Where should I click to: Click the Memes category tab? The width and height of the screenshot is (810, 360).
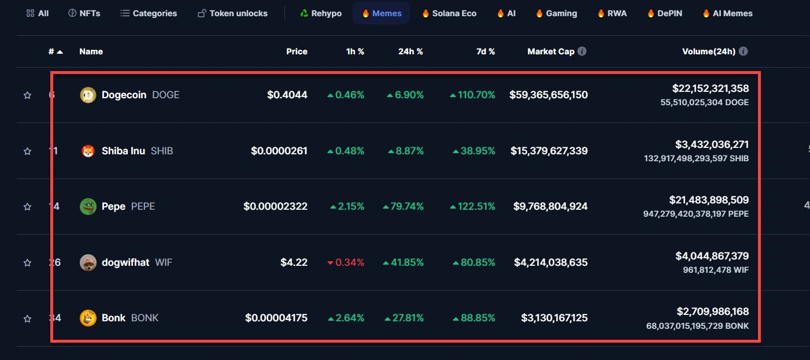pyautogui.click(x=382, y=13)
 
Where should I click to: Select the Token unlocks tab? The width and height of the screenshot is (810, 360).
pyautogui.click(x=232, y=13)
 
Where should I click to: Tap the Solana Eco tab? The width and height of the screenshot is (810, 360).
pyautogui.click(x=449, y=13)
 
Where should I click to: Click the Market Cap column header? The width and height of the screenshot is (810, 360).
pyautogui.click(x=550, y=51)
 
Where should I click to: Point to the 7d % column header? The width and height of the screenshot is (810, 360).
pyautogui.click(x=486, y=51)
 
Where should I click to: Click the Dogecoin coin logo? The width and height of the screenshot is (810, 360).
pyautogui.click(x=88, y=95)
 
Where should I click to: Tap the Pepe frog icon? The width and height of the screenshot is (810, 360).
pyautogui.click(x=88, y=206)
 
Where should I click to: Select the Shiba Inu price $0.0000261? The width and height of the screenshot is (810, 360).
pyautogui.click(x=279, y=151)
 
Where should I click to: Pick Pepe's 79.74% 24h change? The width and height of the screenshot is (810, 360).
pyautogui.click(x=404, y=206)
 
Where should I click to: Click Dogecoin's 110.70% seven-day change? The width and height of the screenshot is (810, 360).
pyautogui.click(x=472, y=95)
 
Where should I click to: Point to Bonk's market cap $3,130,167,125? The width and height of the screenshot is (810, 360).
pyautogui.click(x=554, y=318)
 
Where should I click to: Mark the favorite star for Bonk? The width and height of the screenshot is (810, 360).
pyautogui.click(x=27, y=318)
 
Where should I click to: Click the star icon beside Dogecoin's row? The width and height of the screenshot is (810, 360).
pyautogui.click(x=27, y=95)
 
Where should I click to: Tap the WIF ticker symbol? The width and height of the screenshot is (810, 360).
pyautogui.click(x=164, y=262)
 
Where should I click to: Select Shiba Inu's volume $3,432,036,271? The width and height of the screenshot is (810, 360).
pyautogui.click(x=712, y=144)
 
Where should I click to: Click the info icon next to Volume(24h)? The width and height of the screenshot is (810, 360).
pyautogui.click(x=744, y=51)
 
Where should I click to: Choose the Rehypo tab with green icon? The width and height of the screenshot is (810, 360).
pyautogui.click(x=321, y=13)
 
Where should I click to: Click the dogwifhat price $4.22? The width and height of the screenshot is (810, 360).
pyautogui.click(x=294, y=262)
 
